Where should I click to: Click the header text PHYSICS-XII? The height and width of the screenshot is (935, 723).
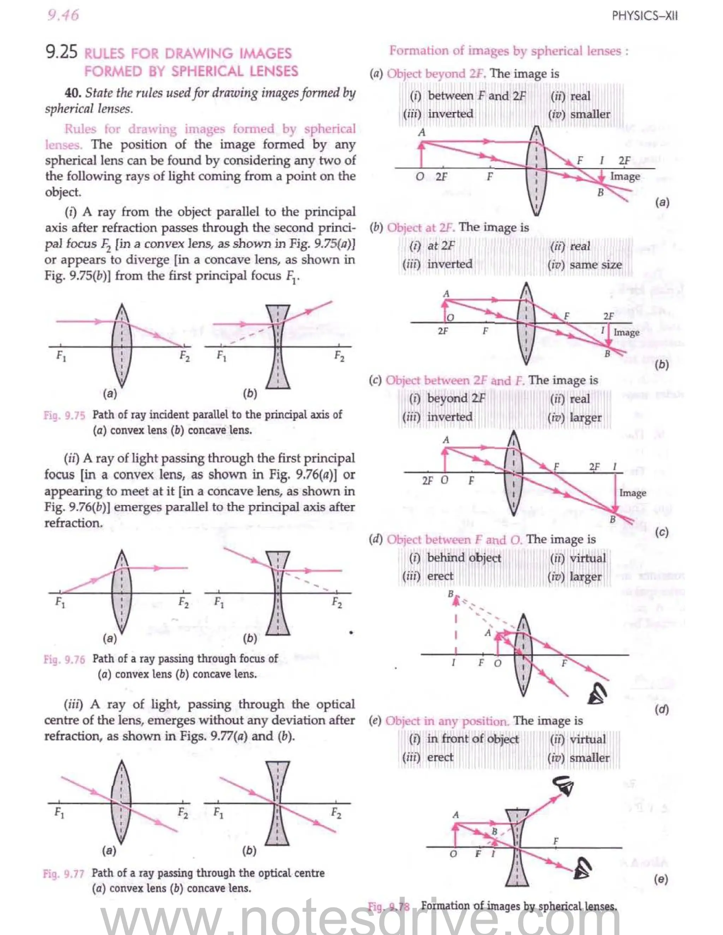[x=644, y=16]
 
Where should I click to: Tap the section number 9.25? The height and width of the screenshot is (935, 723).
[x=61, y=52]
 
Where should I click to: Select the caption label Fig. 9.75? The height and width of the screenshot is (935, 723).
[x=64, y=415]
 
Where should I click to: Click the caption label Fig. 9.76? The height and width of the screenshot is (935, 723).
[x=64, y=659]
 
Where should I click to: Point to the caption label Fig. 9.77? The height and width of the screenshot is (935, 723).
[x=64, y=874]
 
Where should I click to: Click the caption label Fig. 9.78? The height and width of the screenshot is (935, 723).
[x=388, y=906]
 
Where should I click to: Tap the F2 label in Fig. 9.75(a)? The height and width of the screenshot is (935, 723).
[x=184, y=356]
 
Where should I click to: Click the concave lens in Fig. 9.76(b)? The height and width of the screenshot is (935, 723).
[x=278, y=593]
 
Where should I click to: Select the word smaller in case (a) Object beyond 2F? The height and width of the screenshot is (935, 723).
[x=590, y=114]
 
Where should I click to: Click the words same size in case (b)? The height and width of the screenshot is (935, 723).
[x=595, y=265]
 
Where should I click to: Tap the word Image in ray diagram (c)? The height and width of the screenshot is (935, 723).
[x=632, y=493]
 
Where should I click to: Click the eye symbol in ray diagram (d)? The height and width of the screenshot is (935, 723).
[x=598, y=694]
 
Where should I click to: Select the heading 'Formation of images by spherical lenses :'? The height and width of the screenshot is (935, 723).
[x=508, y=51]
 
